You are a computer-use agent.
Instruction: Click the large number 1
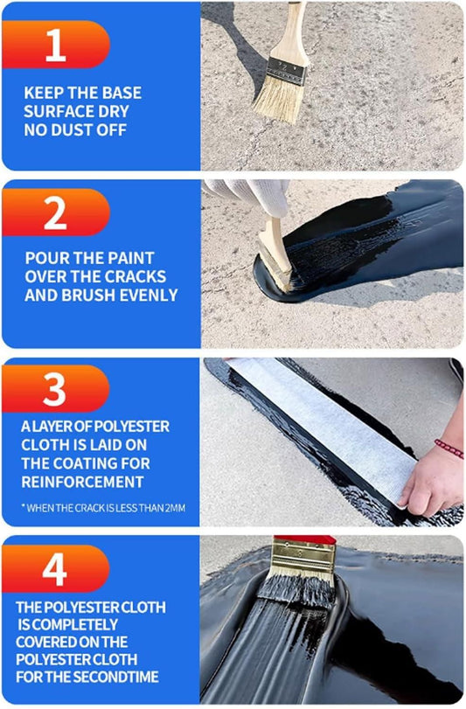56,45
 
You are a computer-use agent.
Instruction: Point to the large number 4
55,569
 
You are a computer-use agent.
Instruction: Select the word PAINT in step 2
132,258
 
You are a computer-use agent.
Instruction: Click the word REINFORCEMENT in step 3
82,482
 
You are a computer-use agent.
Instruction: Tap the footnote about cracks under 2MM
103,508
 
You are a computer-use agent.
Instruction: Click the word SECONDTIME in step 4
115,677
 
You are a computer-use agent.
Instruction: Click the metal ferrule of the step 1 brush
286,72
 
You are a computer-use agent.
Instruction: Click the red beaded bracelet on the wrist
449,448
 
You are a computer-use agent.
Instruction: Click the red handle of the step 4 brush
304,540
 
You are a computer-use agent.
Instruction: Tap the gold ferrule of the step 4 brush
303,556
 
